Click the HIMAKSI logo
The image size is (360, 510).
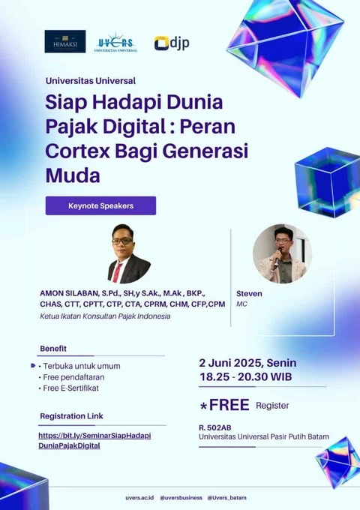[65, 41]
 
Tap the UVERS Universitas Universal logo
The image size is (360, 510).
[115, 42]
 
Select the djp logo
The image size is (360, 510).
[172, 43]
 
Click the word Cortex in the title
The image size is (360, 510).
[78, 151]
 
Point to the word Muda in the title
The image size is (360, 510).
[73, 175]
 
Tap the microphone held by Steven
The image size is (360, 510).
[277, 258]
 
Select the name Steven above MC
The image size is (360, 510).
[249, 293]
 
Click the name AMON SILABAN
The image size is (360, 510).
[69, 293]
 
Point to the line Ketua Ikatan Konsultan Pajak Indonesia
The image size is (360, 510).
[105, 316]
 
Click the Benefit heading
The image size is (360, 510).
[53, 349]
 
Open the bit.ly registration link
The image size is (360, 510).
[94, 440]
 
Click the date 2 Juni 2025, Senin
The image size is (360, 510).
[247, 363]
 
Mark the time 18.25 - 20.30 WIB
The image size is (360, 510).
[245, 376]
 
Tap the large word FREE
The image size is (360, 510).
[229, 405]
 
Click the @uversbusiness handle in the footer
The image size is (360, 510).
[181, 498]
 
